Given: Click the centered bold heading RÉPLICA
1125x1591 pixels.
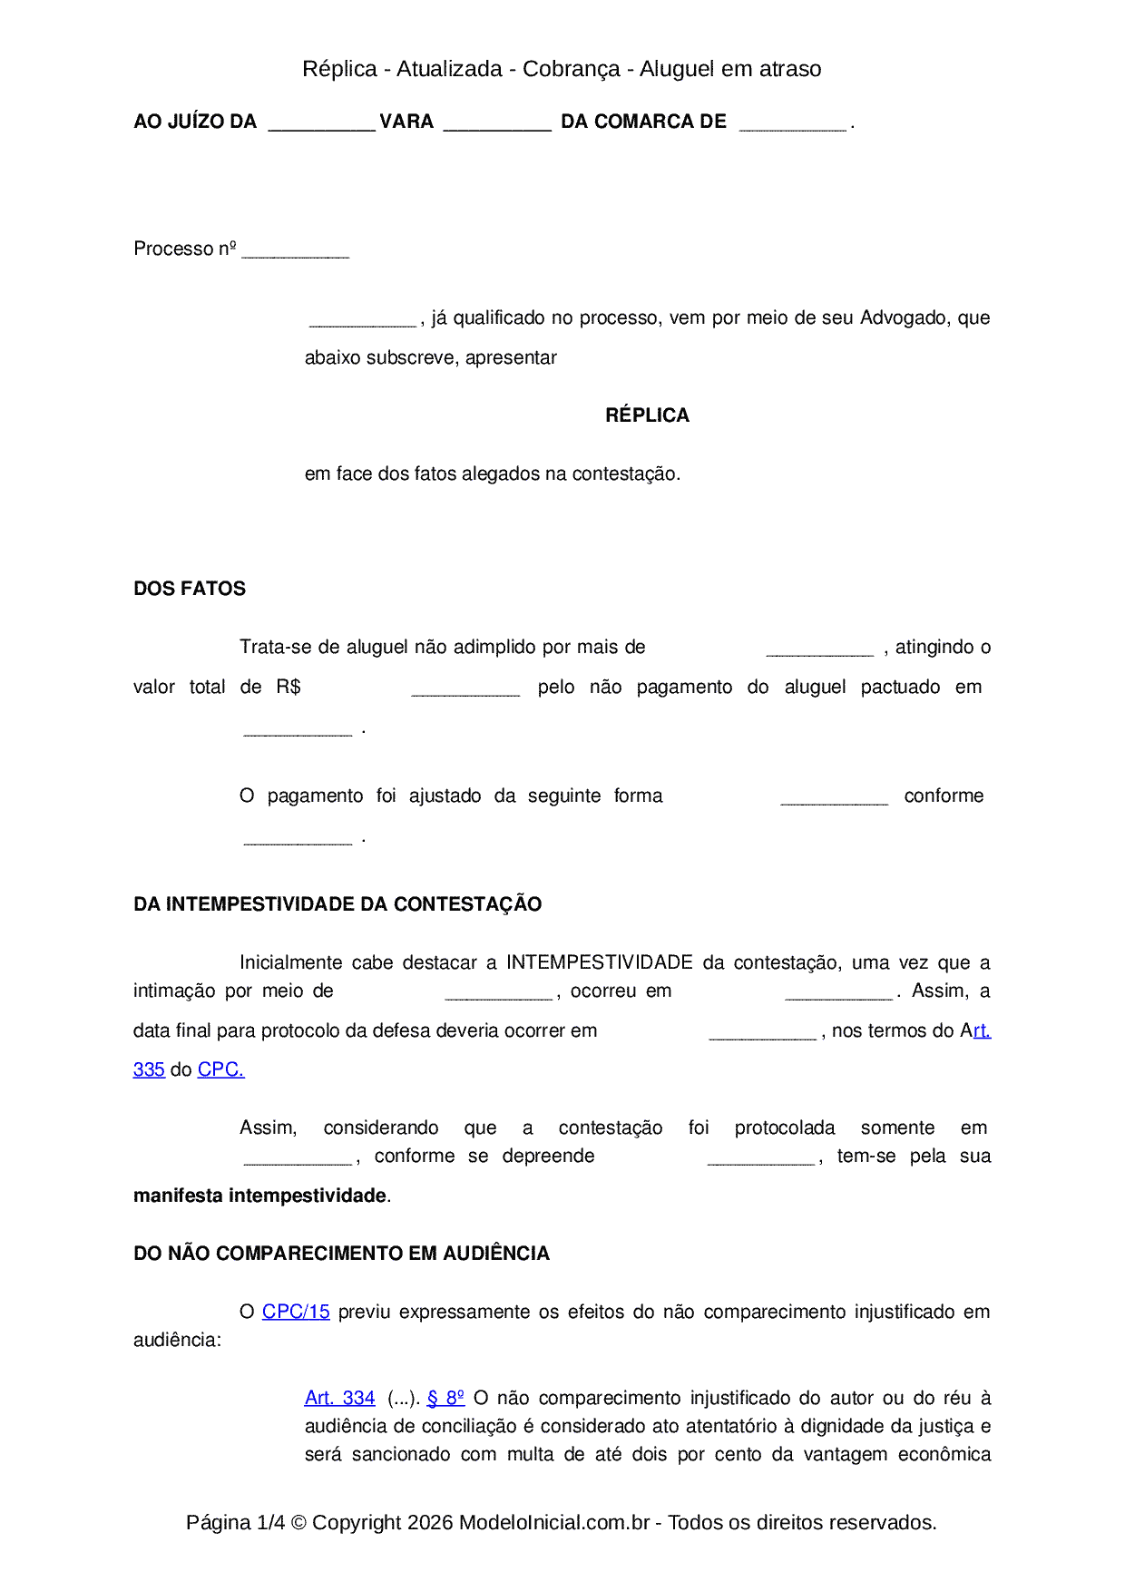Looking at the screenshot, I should click(647, 415).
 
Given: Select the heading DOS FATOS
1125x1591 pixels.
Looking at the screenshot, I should click(190, 589).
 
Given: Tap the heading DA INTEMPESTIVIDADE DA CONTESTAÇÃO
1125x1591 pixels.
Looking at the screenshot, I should click(337, 904).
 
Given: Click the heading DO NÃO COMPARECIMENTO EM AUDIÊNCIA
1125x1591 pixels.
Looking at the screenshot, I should click(341, 1254).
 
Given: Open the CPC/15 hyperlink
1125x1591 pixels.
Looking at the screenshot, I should click(296, 1312).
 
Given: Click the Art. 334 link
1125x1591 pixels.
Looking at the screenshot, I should click(339, 1398).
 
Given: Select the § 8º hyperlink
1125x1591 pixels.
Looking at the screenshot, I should click(445, 1398).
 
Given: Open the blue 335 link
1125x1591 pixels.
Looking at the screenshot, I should click(149, 1069).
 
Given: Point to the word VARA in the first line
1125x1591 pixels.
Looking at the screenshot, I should click(406, 122).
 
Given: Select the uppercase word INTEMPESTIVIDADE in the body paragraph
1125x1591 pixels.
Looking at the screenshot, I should click(600, 962).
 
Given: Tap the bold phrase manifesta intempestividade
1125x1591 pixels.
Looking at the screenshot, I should click(260, 1196).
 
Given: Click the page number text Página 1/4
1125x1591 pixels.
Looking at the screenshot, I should click(235, 1522).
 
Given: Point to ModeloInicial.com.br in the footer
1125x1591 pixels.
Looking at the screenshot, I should click(554, 1522).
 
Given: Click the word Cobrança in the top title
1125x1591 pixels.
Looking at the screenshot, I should click(572, 69).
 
